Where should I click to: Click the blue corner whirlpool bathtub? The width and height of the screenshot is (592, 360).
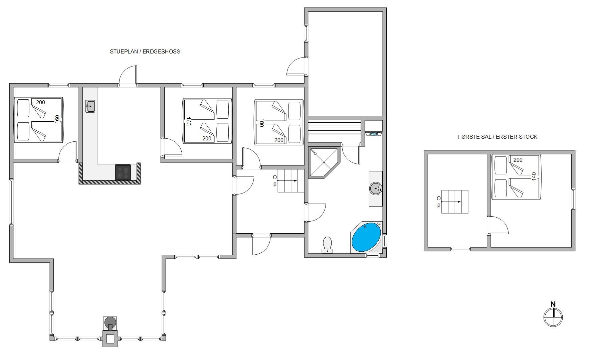tap(366, 237)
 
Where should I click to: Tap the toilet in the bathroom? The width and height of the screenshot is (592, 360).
tap(327, 245)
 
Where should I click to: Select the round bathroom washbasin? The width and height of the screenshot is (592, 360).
tap(376, 189)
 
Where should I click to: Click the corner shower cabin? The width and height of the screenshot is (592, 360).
tap(324, 162)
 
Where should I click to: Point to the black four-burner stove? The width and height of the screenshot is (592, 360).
tap(123, 172)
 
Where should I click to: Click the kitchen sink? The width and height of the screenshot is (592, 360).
tap(90, 106)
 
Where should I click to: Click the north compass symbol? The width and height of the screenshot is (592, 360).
tap(553, 315)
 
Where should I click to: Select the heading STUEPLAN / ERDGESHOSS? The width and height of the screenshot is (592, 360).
tap(145, 51)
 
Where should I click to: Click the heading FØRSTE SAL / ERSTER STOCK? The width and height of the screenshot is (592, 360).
tap(498, 137)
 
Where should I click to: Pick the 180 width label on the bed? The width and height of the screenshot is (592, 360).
tap(261, 123)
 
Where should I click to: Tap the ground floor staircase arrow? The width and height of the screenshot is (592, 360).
tap(287, 181)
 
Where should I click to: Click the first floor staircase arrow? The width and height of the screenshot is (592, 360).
tap(451, 202)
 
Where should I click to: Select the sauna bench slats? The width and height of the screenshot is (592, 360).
tap(334, 127)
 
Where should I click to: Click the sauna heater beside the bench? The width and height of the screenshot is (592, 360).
tap(374, 128)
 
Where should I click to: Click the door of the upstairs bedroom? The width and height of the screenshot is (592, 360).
tap(498, 225)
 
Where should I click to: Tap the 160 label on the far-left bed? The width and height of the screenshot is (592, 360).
tap(57, 119)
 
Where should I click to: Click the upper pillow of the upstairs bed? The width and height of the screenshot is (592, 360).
tap(501, 165)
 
